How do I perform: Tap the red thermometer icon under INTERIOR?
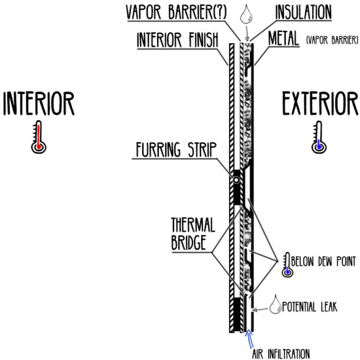[38, 136]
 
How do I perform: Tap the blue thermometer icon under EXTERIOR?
[319, 136]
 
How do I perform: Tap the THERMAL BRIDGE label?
[191, 233]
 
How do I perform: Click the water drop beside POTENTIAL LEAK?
[274, 305]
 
